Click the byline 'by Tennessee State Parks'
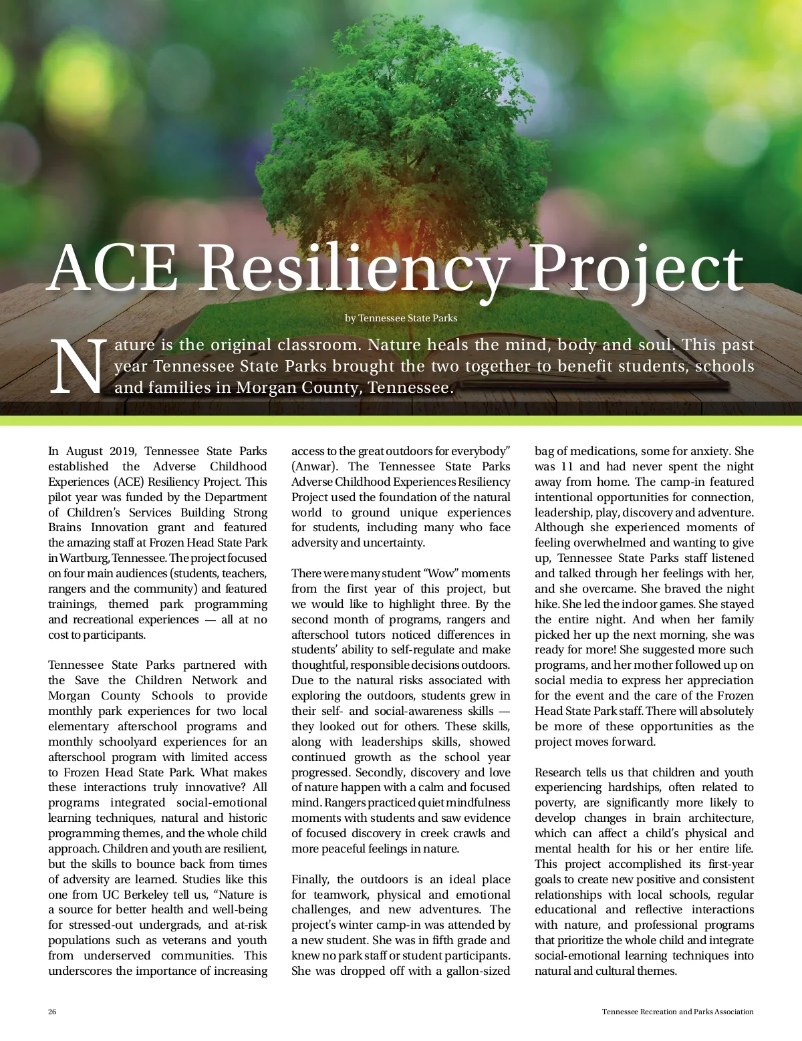tap(401, 318)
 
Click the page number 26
tap(52, 1012)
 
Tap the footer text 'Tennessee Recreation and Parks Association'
tap(678, 1012)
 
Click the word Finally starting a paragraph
tap(311, 879)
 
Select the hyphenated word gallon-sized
tap(478, 971)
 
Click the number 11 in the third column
tap(567, 466)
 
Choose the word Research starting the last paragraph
tap(559, 772)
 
